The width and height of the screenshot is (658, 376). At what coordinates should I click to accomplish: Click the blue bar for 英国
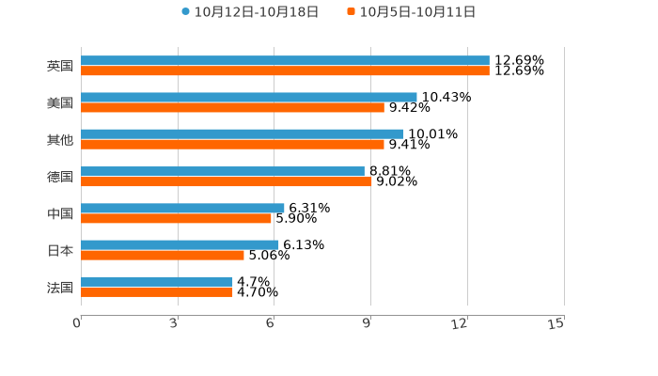pos(285,61)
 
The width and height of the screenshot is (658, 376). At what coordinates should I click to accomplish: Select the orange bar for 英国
pos(285,71)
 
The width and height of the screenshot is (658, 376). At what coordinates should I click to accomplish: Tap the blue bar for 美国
pos(249,98)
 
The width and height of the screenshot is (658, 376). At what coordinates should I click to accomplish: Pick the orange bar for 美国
pos(232,108)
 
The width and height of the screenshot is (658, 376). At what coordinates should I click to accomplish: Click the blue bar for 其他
pos(243,134)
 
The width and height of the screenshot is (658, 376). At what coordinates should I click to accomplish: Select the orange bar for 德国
pos(227,181)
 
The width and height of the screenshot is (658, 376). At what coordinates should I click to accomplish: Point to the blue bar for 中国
pos(182,209)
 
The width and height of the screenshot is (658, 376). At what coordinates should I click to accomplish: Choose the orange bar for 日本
pos(163,255)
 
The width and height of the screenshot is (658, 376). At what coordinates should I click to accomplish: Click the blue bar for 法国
pos(157,282)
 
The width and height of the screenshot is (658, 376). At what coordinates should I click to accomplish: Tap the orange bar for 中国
pos(177,219)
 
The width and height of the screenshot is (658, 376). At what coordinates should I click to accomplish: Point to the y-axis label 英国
pos(60,67)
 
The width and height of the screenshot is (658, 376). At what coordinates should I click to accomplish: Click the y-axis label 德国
pos(60,177)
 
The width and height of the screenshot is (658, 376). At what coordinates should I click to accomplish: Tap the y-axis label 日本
pos(60,251)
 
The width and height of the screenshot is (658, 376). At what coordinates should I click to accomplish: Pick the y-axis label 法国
pos(60,288)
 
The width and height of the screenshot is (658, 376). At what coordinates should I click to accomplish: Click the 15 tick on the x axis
pos(556,323)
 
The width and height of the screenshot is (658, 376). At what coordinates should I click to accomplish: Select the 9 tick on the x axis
pos(368,323)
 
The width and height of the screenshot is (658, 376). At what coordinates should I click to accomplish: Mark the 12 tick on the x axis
pos(461,323)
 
